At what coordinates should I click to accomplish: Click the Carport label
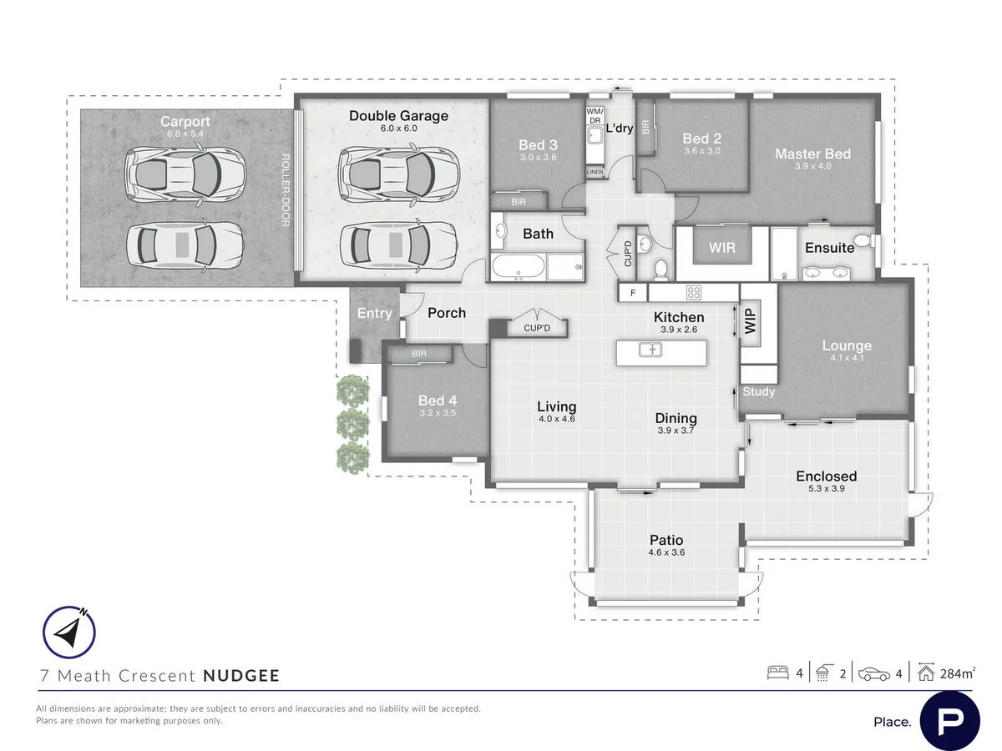click(x=185, y=123)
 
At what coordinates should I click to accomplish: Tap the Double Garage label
click(x=398, y=116)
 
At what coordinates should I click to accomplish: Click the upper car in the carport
click(x=185, y=174)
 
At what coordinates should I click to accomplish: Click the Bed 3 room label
click(x=538, y=145)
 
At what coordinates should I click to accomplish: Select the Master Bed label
click(x=812, y=154)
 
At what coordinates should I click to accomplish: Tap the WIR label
click(x=721, y=248)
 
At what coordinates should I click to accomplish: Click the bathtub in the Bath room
click(x=518, y=268)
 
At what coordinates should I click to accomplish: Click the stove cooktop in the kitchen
click(x=692, y=293)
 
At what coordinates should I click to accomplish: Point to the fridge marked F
click(x=633, y=293)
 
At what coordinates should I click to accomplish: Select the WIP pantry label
click(x=749, y=321)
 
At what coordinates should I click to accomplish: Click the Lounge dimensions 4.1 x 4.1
click(x=846, y=359)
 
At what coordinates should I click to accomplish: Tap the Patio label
click(x=666, y=540)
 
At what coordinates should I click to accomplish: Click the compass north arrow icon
click(x=69, y=632)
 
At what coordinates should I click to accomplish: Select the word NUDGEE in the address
click(x=241, y=676)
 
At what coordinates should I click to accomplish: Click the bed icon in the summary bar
click(x=778, y=673)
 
